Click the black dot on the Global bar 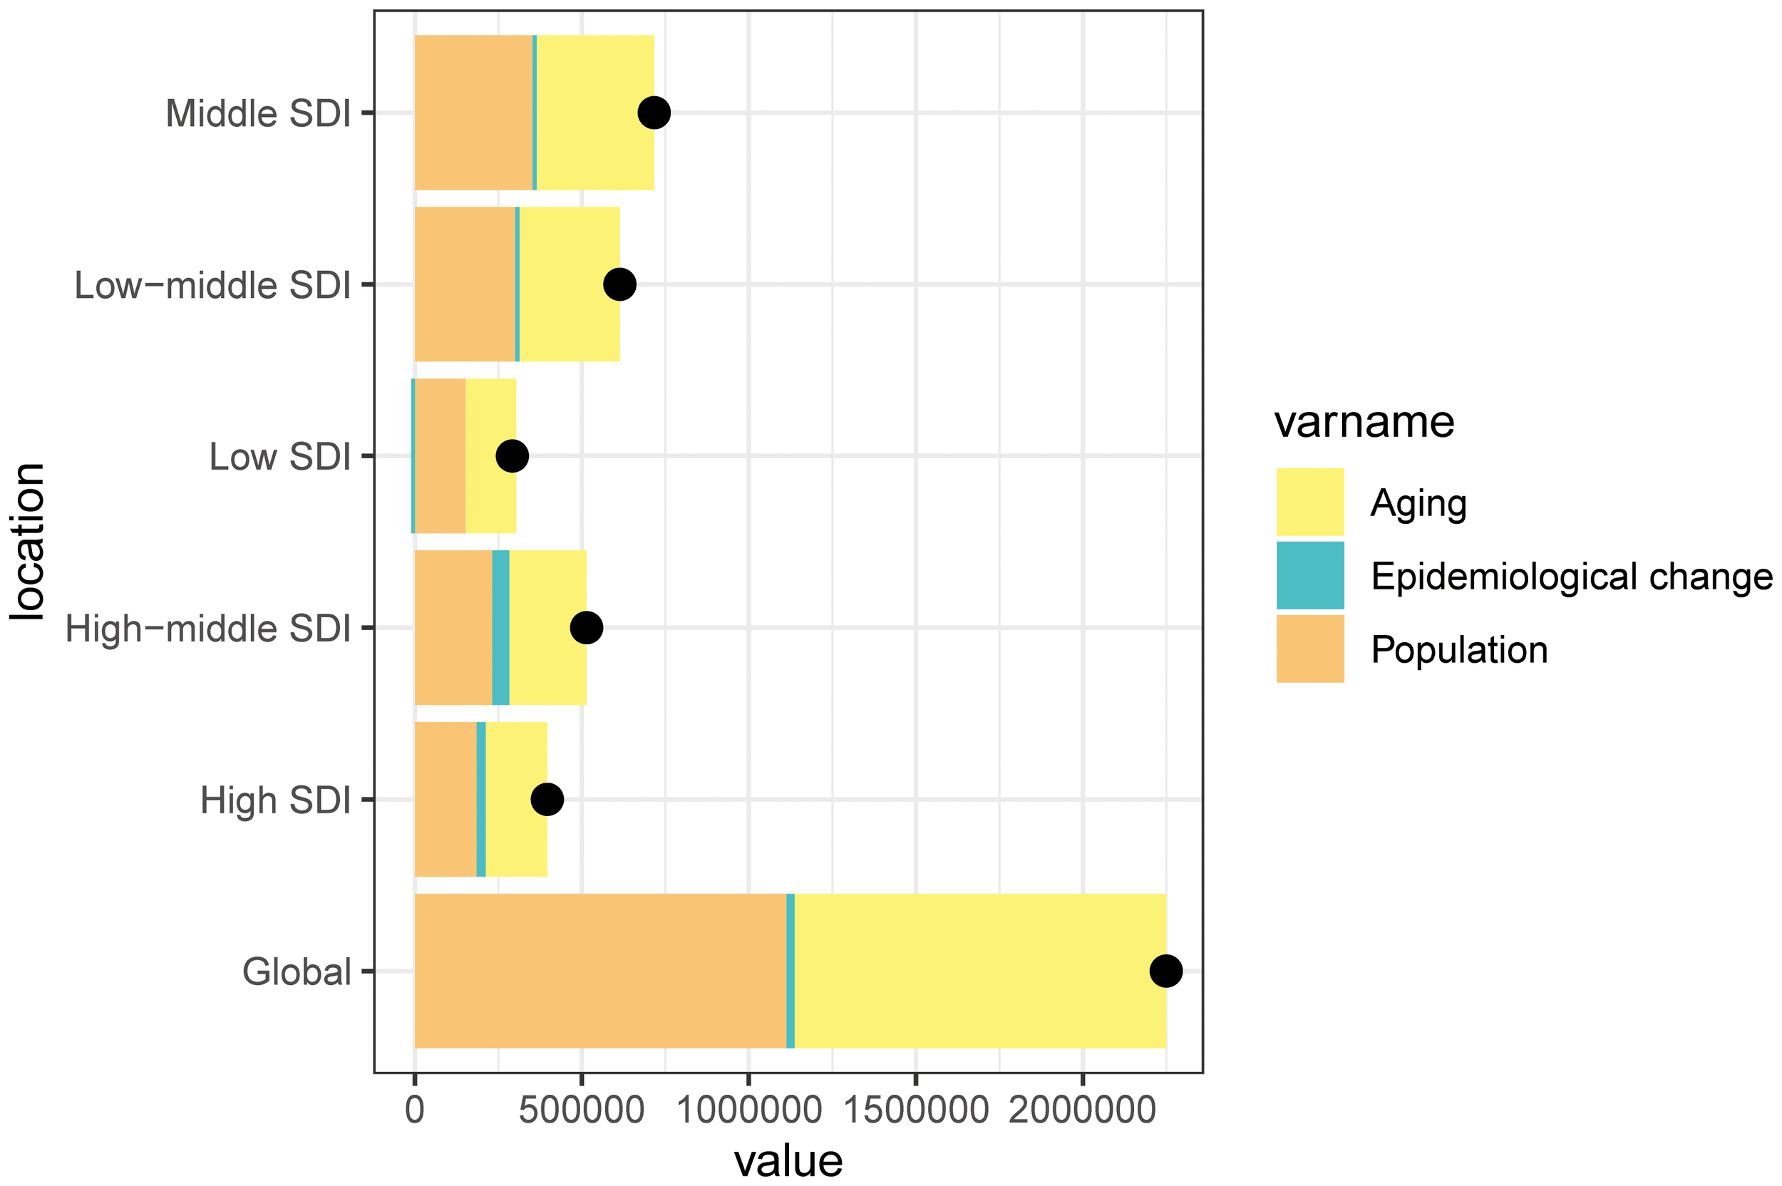pyautogui.click(x=1165, y=971)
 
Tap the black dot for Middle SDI pyautogui.click(x=654, y=113)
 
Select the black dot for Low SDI pyautogui.click(x=512, y=456)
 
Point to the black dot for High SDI pyautogui.click(x=547, y=800)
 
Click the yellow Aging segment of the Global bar pyautogui.click(x=979, y=971)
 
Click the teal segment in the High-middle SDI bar pyautogui.click(x=500, y=628)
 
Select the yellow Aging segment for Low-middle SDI pyautogui.click(x=569, y=284)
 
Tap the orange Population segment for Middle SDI pyautogui.click(x=473, y=113)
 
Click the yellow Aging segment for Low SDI pyautogui.click(x=490, y=456)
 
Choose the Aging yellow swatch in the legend pyautogui.click(x=1309, y=502)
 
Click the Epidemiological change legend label pyautogui.click(x=1571, y=577)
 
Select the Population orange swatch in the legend pyautogui.click(x=1309, y=649)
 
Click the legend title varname pyautogui.click(x=1363, y=421)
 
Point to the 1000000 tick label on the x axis pyautogui.click(x=748, y=1111)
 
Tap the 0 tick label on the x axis pyautogui.click(x=414, y=1111)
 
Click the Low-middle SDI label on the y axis pyautogui.click(x=212, y=286)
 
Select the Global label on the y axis pyautogui.click(x=297, y=972)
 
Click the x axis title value pyautogui.click(x=788, y=1161)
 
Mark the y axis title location pyautogui.click(x=27, y=542)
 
